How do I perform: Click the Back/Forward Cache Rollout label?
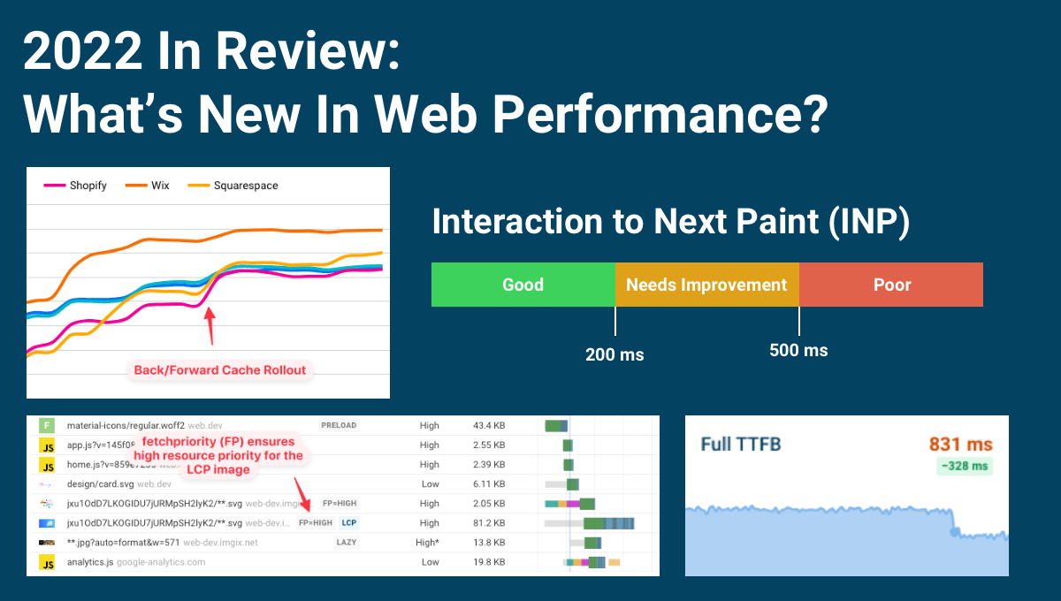[x=219, y=370]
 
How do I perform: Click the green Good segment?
[x=523, y=285]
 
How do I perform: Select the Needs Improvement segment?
[x=706, y=285]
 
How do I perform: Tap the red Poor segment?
[x=891, y=285]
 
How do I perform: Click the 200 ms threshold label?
[x=614, y=355]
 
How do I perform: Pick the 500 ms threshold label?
[x=798, y=351]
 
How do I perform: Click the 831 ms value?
[x=960, y=445]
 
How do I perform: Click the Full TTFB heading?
[x=740, y=445]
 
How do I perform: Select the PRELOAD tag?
[x=338, y=425]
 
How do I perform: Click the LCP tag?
[x=349, y=522]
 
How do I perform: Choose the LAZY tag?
[x=347, y=542]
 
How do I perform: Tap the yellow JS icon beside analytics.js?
[x=46, y=561]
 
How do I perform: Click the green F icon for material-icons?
[x=46, y=425]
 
